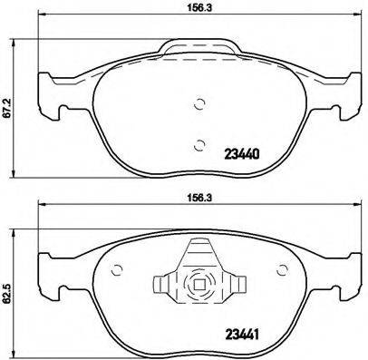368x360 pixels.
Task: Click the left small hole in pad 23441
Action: click(116, 268)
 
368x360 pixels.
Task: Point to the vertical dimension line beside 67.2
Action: click(22, 109)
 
